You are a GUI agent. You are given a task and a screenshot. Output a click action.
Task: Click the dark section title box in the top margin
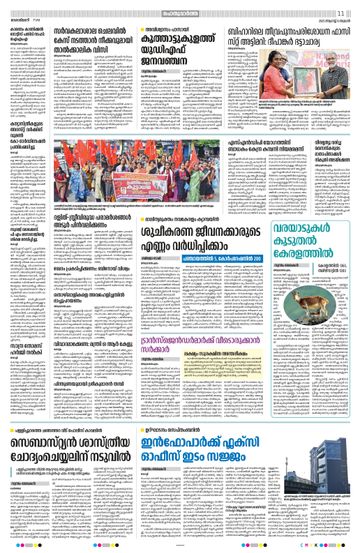(x=180, y=11)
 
